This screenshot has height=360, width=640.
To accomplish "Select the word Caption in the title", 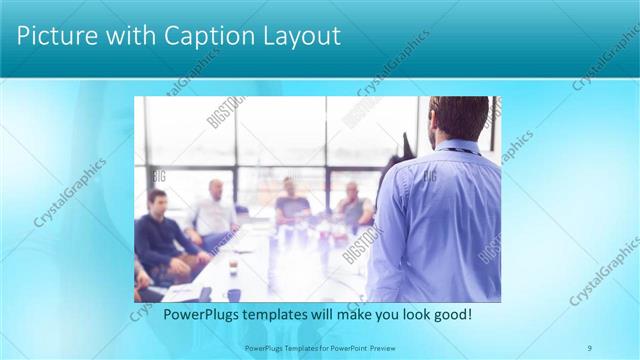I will tap(195, 36).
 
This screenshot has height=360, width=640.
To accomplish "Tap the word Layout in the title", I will tap(296, 36).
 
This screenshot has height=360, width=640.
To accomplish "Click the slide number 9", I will tap(590, 348).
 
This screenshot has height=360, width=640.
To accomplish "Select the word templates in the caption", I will tap(279, 315).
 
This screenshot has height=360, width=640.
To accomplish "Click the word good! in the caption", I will tap(451, 315).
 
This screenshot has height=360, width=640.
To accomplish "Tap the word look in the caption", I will tap(410, 315).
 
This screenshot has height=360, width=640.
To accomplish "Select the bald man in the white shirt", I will tap(213, 210).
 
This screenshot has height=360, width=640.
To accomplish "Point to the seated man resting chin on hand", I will tap(352, 205).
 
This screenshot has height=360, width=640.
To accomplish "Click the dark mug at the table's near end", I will tap(233, 294).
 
